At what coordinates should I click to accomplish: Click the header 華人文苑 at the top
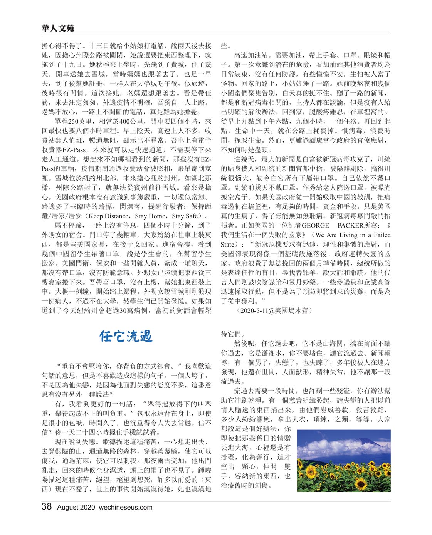point(58,28)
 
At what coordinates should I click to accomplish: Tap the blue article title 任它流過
point(126,337)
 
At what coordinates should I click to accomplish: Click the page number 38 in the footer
point(47,507)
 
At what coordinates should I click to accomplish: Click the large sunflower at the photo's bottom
point(361,483)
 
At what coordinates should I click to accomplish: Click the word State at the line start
point(227,244)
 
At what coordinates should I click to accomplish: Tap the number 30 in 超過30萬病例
point(123,310)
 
